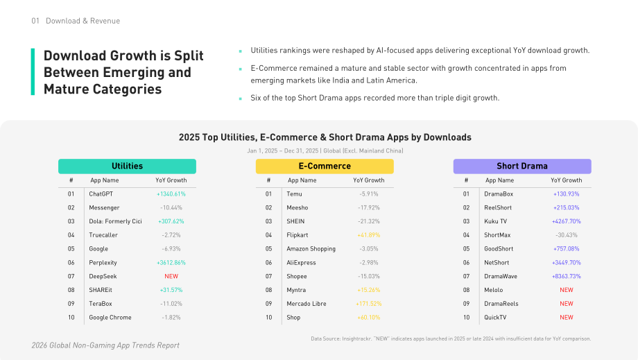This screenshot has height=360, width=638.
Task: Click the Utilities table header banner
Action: point(127,166)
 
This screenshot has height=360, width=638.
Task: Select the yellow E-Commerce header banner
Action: point(325,166)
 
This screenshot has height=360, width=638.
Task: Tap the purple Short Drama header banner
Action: point(522,166)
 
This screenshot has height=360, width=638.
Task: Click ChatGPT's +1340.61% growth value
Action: point(171,194)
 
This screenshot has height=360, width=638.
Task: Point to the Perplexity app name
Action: point(103,263)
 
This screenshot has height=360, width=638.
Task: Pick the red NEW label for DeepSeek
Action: point(171,276)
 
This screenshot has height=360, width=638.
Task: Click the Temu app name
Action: point(294,194)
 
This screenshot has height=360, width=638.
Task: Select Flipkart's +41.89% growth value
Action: point(369,235)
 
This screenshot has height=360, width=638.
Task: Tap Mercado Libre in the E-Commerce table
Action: point(307,304)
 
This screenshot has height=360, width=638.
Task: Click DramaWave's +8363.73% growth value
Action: point(567,276)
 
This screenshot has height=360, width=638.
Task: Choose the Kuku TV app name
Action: point(496,221)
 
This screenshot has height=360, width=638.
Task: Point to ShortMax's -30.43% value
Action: point(567,235)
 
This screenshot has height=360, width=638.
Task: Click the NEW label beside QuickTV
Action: point(567,317)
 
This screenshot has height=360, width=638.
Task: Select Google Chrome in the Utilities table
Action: point(110,317)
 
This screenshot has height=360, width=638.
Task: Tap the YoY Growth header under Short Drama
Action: point(567,180)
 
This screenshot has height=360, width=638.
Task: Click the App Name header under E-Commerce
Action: point(302,180)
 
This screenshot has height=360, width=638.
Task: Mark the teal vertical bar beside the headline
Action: point(33,72)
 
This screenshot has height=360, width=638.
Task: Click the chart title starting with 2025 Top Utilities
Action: point(325,137)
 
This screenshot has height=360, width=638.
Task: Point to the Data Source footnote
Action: point(451,338)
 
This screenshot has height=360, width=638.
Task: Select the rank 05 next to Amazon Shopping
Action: point(268,249)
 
